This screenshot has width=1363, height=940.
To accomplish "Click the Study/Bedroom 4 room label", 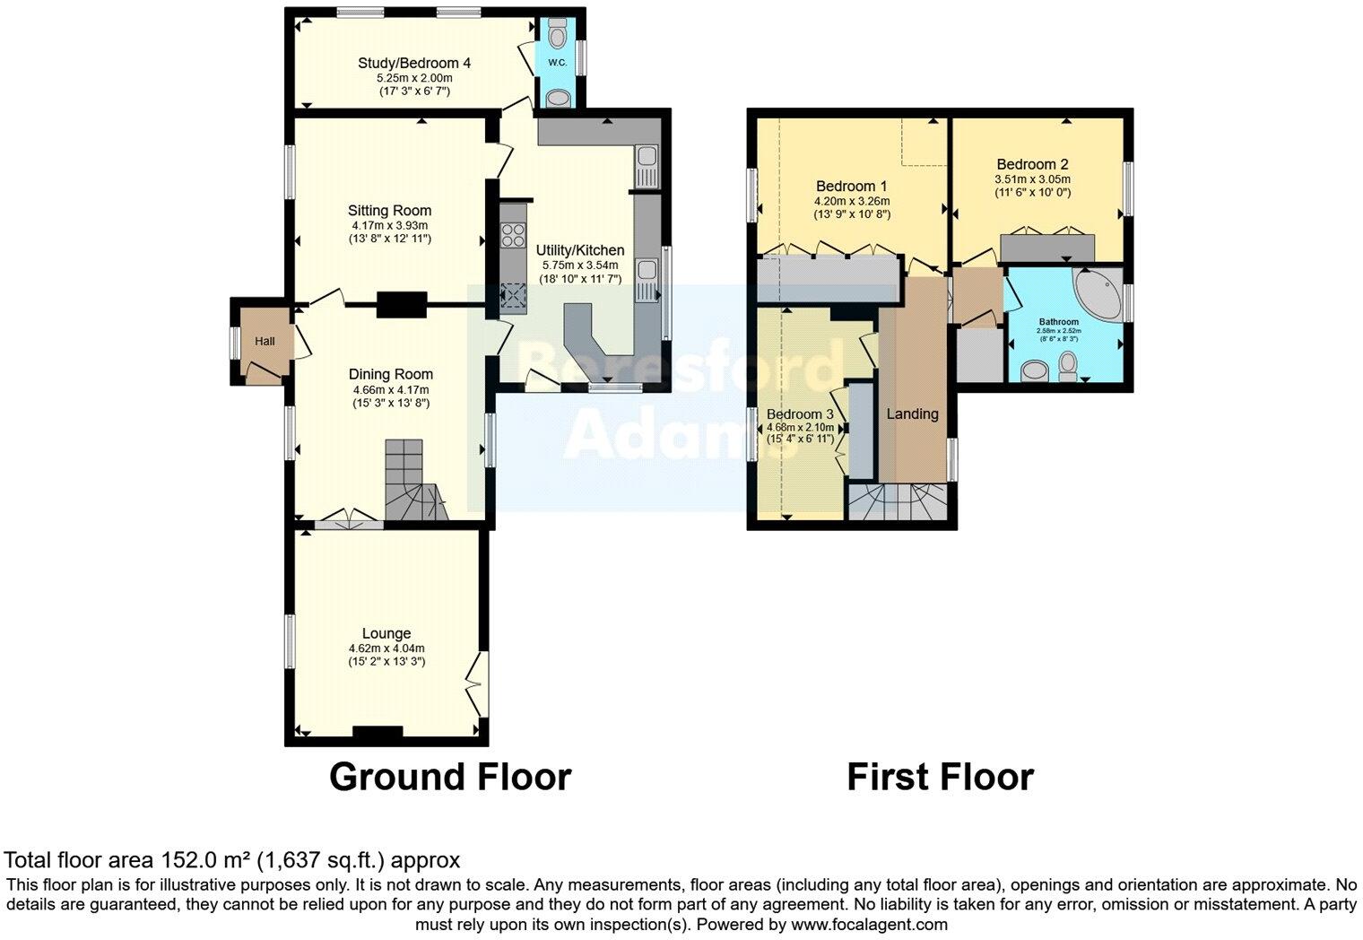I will pyautogui.click(x=414, y=63).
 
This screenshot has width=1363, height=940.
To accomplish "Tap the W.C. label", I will pyautogui.click(x=556, y=63).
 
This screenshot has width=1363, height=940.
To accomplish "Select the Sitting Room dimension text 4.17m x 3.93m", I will pyautogui.click(x=389, y=225).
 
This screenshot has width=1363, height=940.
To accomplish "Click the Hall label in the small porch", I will pyautogui.click(x=265, y=342).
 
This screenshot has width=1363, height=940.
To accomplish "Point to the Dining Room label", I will pyautogui.click(x=391, y=374).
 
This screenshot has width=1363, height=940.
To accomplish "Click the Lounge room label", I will pyautogui.click(x=386, y=633).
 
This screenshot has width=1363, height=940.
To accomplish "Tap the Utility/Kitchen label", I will pyautogui.click(x=579, y=250).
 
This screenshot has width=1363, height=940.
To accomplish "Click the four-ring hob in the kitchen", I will pyautogui.click(x=514, y=235).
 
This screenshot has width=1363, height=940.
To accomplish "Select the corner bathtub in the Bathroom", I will pyautogui.click(x=1097, y=292).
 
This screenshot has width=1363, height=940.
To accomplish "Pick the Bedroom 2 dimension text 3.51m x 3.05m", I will pyautogui.click(x=1032, y=179).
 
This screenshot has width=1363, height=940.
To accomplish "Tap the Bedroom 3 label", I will pyautogui.click(x=800, y=414).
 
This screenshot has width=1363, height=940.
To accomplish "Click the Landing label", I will pyautogui.click(x=912, y=413).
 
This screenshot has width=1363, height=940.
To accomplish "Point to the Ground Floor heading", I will pyautogui.click(x=450, y=777).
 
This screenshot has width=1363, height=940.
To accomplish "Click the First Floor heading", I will pyautogui.click(x=940, y=777).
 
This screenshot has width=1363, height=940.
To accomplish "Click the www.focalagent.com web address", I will pyautogui.click(x=868, y=924).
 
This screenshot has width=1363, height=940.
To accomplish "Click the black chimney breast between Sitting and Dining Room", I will pyautogui.click(x=401, y=306).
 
